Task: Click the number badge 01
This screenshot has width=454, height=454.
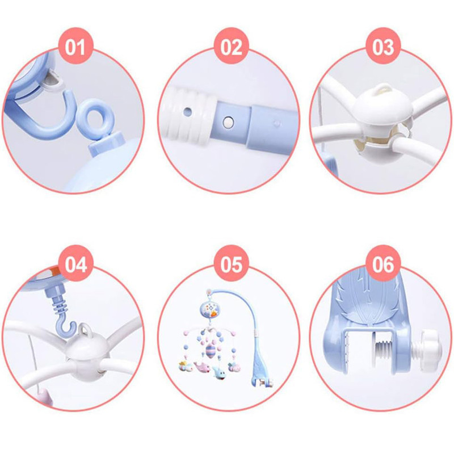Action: click(75, 46)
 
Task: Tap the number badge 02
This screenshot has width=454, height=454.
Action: click(232, 46)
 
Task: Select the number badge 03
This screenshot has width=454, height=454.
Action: click(383, 46)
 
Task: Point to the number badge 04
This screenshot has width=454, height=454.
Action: click(75, 263)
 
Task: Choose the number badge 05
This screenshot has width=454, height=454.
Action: click(232, 263)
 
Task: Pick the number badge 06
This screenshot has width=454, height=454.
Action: click(383, 263)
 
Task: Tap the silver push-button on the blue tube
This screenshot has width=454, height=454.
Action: click(228, 122)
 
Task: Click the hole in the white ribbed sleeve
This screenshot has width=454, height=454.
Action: click(188, 111)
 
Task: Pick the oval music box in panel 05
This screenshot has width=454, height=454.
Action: click(211, 309)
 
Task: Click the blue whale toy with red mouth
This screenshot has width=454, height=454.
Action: click(219, 373)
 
